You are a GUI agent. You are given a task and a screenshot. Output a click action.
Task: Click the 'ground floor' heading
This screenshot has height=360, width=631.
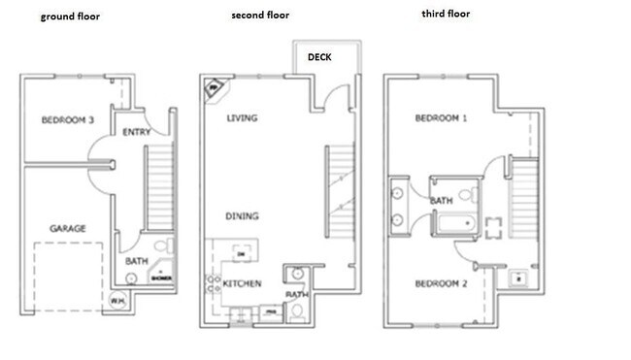click(x=71, y=17)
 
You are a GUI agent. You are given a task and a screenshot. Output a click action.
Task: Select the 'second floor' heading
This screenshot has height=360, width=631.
click(x=259, y=16)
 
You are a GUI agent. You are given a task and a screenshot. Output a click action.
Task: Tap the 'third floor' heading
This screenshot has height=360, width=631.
click(x=446, y=15)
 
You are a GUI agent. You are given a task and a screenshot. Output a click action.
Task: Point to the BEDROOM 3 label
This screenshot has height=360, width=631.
click(x=68, y=121)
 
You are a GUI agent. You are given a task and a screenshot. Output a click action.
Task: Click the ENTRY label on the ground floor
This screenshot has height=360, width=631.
click(x=136, y=132)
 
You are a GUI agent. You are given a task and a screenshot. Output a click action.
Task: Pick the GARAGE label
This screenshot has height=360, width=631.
click(x=68, y=228)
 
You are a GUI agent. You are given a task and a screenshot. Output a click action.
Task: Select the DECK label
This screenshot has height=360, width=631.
click(x=319, y=57)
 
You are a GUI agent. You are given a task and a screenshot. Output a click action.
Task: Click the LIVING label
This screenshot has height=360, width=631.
click(x=242, y=119)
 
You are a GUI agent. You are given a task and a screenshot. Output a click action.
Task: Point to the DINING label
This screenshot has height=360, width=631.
click(x=242, y=216)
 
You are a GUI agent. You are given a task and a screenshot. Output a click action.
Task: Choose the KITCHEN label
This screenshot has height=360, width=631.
click(x=241, y=283)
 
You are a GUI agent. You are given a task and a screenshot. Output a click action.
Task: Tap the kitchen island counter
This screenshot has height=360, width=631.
click(x=241, y=253)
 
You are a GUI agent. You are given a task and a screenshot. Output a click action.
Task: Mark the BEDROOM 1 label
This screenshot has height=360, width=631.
click(x=442, y=119)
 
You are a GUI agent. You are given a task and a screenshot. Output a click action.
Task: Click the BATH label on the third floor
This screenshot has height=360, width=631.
click(x=443, y=202)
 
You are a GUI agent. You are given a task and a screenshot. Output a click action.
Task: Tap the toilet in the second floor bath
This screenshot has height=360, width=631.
click(x=297, y=311)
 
